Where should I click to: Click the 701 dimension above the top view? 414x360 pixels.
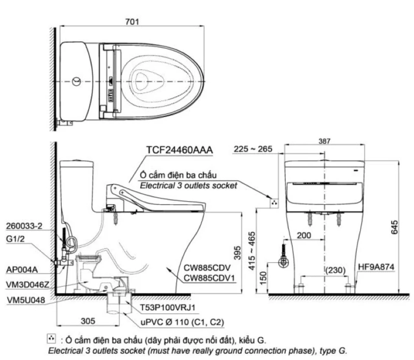click(x=132, y=22)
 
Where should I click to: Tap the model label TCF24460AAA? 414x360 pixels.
click(x=179, y=150)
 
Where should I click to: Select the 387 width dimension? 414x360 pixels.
click(x=324, y=141)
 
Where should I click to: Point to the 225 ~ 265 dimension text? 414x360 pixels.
click(x=253, y=149)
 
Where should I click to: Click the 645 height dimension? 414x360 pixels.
click(x=394, y=227)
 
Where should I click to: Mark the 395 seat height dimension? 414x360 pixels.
click(x=237, y=253)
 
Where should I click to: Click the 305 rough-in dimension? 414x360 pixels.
click(x=88, y=321)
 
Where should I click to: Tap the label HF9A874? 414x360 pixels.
click(x=376, y=267)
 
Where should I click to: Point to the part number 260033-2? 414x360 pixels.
click(x=24, y=226)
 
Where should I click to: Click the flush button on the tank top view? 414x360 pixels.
click(x=76, y=81)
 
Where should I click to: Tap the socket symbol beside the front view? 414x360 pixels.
click(x=274, y=203)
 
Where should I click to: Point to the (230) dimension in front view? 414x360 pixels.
click(x=335, y=270)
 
